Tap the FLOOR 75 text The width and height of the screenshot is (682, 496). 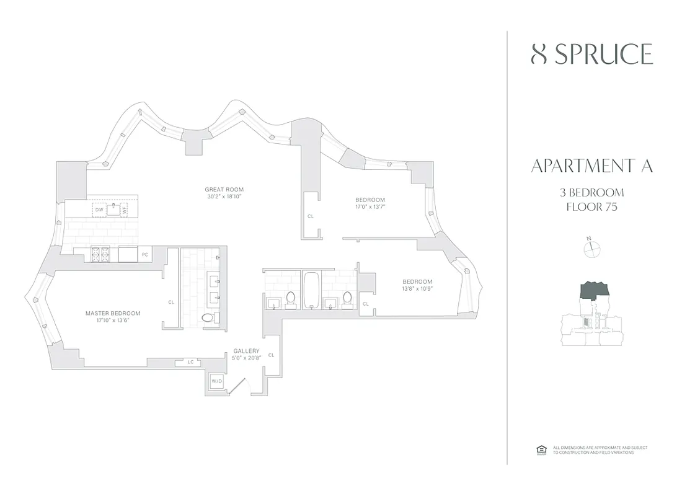pyautogui.click(x=592, y=206)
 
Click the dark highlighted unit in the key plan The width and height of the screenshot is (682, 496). pyautogui.click(x=594, y=290)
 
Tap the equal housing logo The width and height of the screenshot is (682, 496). pyautogui.click(x=539, y=449)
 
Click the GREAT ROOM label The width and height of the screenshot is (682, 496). pyautogui.click(x=224, y=189)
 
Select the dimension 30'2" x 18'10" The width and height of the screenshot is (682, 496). pyautogui.click(x=224, y=196)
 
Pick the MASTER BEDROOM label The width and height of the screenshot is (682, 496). pyautogui.click(x=113, y=313)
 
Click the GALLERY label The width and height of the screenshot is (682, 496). pyautogui.click(x=246, y=351)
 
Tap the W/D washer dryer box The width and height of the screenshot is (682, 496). pyautogui.click(x=217, y=382)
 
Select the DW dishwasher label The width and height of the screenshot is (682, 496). pyautogui.click(x=99, y=210)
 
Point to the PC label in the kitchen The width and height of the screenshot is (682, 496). pyautogui.click(x=144, y=254)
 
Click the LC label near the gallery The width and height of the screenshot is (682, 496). pyautogui.click(x=190, y=362)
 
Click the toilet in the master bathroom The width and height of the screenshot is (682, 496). pyautogui.click(x=208, y=317)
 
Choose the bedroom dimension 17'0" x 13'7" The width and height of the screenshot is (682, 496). pyautogui.click(x=370, y=207)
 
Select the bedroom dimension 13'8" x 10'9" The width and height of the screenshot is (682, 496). pyautogui.click(x=416, y=288)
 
